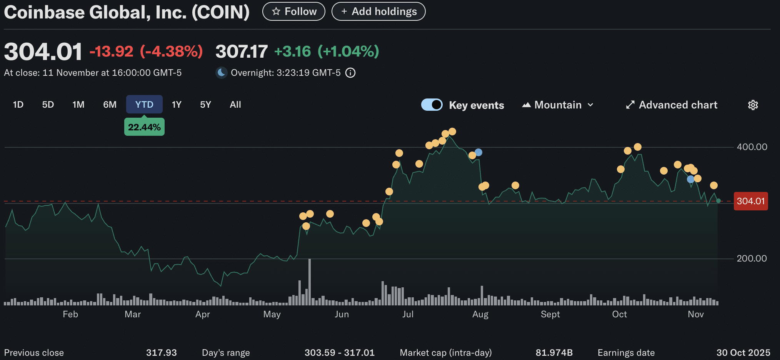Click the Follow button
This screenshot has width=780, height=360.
293,12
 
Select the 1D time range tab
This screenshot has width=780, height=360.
18,105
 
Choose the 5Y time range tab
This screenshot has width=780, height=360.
205,105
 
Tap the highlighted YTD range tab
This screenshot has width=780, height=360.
144,105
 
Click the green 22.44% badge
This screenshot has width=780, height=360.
144,127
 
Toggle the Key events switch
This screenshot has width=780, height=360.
432,105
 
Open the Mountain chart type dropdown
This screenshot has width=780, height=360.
558,105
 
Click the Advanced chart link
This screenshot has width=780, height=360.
672,105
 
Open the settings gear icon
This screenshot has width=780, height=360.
753,105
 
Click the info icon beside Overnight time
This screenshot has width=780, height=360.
350,73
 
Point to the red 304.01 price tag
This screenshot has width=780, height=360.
750,201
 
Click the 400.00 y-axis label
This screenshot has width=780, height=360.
752,147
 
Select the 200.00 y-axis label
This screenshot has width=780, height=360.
752,258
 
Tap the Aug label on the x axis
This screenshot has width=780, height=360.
480,314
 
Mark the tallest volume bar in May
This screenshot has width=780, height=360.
310,282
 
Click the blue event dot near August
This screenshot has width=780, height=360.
478,152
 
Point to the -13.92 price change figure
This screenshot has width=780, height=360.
112,52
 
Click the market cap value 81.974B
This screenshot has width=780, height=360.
554,353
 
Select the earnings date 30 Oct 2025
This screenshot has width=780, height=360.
743,353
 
